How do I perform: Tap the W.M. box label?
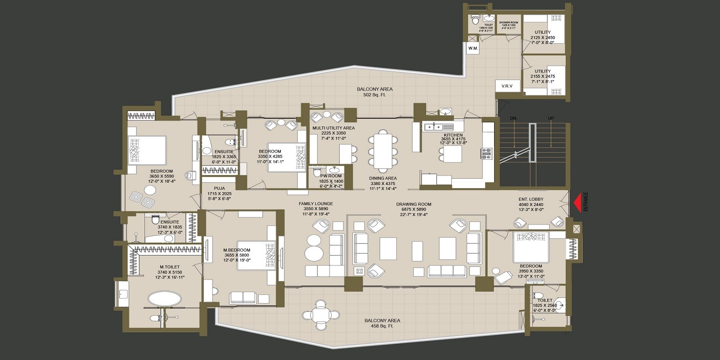tap(473, 48)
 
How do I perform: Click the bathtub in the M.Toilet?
tap(165, 299)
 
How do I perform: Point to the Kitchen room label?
tap(453, 135)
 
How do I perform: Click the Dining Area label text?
tap(382, 178)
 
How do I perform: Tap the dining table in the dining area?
tap(383, 150)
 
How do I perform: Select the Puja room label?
tap(219, 189)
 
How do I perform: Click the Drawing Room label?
tap(414, 204)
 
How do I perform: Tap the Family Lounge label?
tap(315, 204)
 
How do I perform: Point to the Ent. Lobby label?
tap(531, 199)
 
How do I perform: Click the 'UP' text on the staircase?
tap(551, 118)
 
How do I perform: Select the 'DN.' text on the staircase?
tap(513, 118)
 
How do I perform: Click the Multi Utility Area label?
tap(333, 128)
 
